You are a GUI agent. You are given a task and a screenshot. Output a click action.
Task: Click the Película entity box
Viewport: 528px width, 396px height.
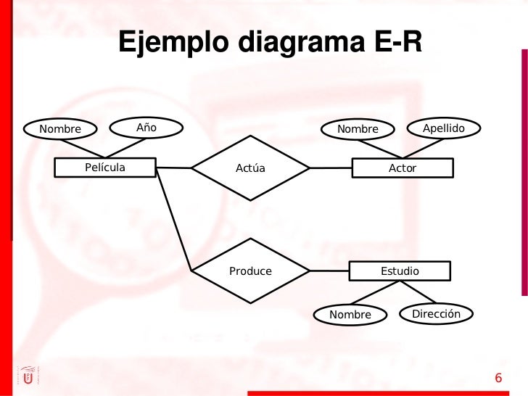(x=105, y=168)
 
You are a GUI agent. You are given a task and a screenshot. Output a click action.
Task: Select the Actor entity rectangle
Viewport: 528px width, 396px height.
(x=403, y=168)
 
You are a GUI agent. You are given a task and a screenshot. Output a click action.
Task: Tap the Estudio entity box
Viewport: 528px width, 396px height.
(x=400, y=271)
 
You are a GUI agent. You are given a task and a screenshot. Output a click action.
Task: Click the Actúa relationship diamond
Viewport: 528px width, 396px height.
(x=250, y=168)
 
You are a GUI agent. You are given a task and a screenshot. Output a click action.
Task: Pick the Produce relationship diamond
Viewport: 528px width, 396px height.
(x=250, y=271)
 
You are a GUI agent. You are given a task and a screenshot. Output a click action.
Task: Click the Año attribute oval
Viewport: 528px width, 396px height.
(x=146, y=128)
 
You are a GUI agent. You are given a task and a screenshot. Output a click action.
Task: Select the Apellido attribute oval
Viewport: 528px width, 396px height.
(x=443, y=128)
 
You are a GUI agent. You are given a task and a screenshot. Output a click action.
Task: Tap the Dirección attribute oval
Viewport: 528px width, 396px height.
(x=436, y=314)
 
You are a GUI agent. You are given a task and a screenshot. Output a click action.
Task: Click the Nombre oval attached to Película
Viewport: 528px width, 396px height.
(x=60, y=129)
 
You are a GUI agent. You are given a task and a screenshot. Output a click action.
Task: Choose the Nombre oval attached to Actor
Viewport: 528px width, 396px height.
(x=358, y=129)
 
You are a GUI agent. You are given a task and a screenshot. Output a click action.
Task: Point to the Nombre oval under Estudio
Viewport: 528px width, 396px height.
(x=350, y=315)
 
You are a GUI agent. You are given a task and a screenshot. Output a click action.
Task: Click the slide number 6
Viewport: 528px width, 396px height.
(x=498, y=378)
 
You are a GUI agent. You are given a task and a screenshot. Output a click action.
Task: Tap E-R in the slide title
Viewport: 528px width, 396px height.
(x=397, y=41)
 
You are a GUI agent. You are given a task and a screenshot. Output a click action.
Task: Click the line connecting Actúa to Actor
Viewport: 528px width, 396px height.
(x=331, y=168)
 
